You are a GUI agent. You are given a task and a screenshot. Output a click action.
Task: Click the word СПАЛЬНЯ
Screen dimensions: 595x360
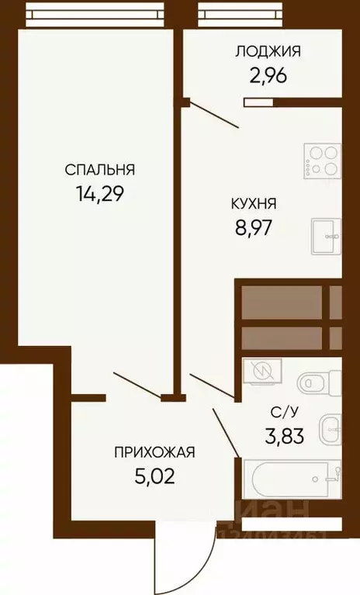pos(100,169)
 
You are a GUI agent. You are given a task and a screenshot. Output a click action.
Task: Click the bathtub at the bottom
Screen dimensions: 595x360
pos(292,479)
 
